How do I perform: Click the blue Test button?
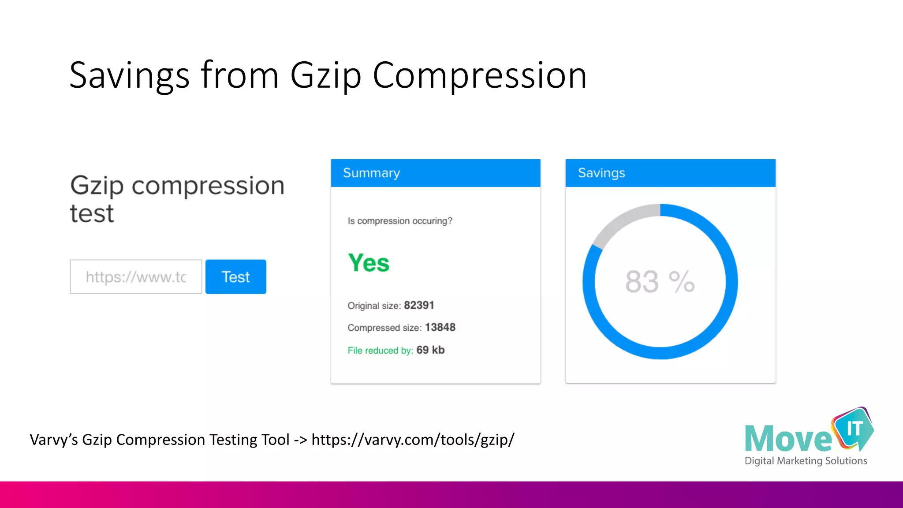[235, 277]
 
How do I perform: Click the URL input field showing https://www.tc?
[136, 277]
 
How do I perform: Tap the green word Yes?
[369, 263]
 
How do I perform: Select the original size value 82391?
[419, 305]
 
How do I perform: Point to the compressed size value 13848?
[440, 327]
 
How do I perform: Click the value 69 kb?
[430, 350]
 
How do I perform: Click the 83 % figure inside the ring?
[660, 282]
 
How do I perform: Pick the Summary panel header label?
[371, 173]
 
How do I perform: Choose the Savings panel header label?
[601, 173]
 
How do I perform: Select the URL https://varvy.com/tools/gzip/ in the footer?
[413, 440]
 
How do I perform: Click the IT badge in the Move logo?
[854, 428]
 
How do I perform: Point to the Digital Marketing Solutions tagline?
[806, 461]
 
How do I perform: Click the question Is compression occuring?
[399, 221]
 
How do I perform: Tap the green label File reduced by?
[380, 351]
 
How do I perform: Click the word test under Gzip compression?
[92, 214]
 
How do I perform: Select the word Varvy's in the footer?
[53, 440]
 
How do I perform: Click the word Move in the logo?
[788, 439]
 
